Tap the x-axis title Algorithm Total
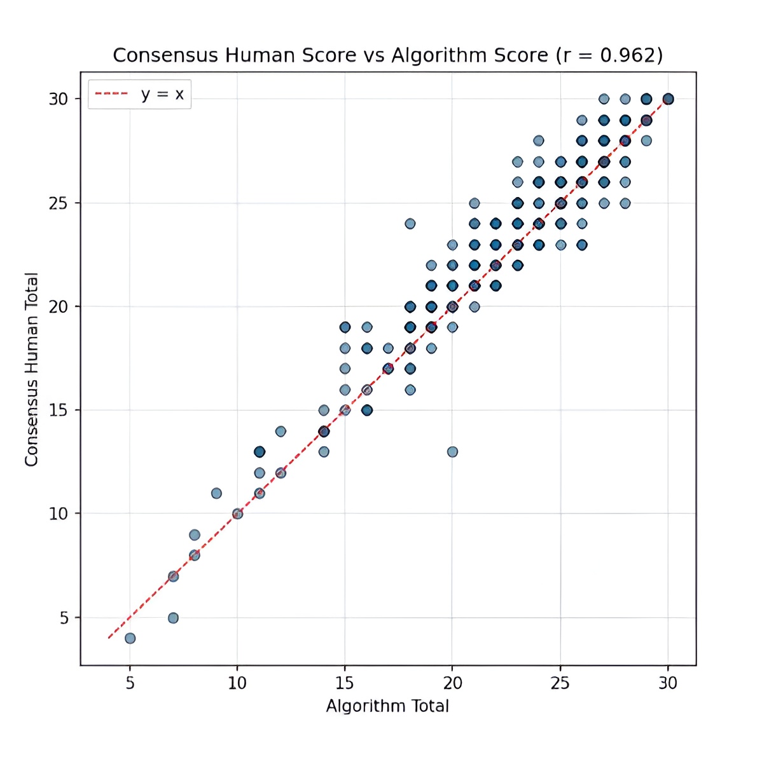point(387,706)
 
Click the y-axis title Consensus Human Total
point(32,369)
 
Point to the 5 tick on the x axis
point(130,683)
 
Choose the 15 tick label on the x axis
point(345,683)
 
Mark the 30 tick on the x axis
point(668,683)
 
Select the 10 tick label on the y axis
point(59,514)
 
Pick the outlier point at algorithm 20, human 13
point(452,452)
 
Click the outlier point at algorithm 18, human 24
point(410,224)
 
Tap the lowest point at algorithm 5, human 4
point(130,638)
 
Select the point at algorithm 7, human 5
point(173,618)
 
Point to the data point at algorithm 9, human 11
point(216,493)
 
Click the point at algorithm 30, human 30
point(668,99)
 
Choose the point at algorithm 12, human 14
point(281,432)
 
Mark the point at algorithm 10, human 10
point(237,514)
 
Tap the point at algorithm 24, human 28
point(539,140)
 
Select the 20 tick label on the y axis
point(59,307)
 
